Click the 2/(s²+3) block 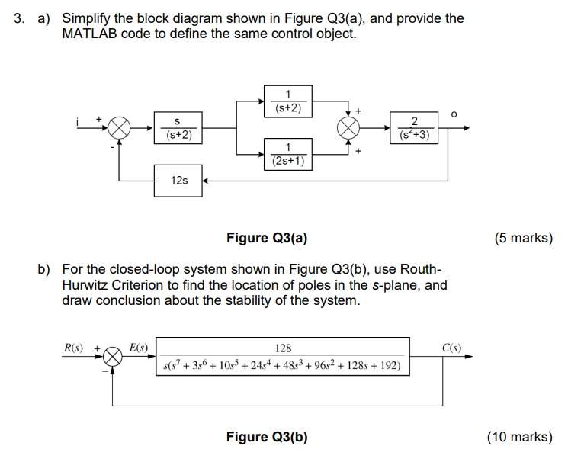point(413,128)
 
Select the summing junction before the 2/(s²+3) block point(348,128)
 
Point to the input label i point(78,120)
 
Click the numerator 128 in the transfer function point(284,348)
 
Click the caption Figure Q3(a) point(267,238)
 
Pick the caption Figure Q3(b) point(267,437)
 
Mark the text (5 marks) point(523,238)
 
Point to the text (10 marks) point(519,437)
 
